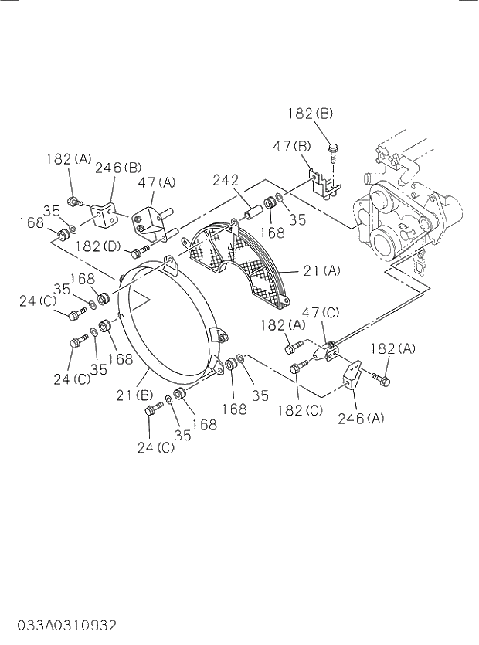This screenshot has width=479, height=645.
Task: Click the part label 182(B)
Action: click(x=310, y=114)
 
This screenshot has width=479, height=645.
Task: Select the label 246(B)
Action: click(x=118, y=167)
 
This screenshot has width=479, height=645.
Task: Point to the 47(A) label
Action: click(x=157, y=182)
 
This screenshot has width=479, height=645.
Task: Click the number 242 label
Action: click(x=226, y=180)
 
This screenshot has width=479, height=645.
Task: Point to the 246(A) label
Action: click(x=360, y=419)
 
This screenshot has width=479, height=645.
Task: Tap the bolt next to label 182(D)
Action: click(x=140, y=250)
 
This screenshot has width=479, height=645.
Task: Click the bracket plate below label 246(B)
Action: click(x=105, y=213)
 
